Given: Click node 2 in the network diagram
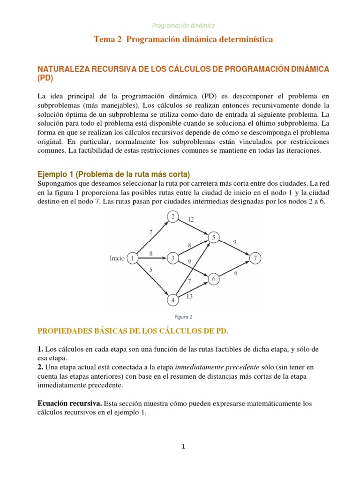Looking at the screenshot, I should point(172,217).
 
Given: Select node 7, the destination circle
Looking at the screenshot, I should point(255,258).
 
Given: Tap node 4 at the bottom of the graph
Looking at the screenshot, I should point(172,300).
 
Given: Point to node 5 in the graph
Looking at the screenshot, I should point(214,238).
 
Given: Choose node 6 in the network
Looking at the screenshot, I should point(214,279).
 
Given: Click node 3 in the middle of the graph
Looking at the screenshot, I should point(172,258).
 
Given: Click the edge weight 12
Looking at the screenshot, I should point(190,219).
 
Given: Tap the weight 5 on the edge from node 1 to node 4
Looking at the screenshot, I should point(150,270).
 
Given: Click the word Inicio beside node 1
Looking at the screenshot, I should point(117,258).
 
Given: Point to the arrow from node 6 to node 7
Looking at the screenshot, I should point(234,269).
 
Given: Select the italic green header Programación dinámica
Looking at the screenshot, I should point(183,26).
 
